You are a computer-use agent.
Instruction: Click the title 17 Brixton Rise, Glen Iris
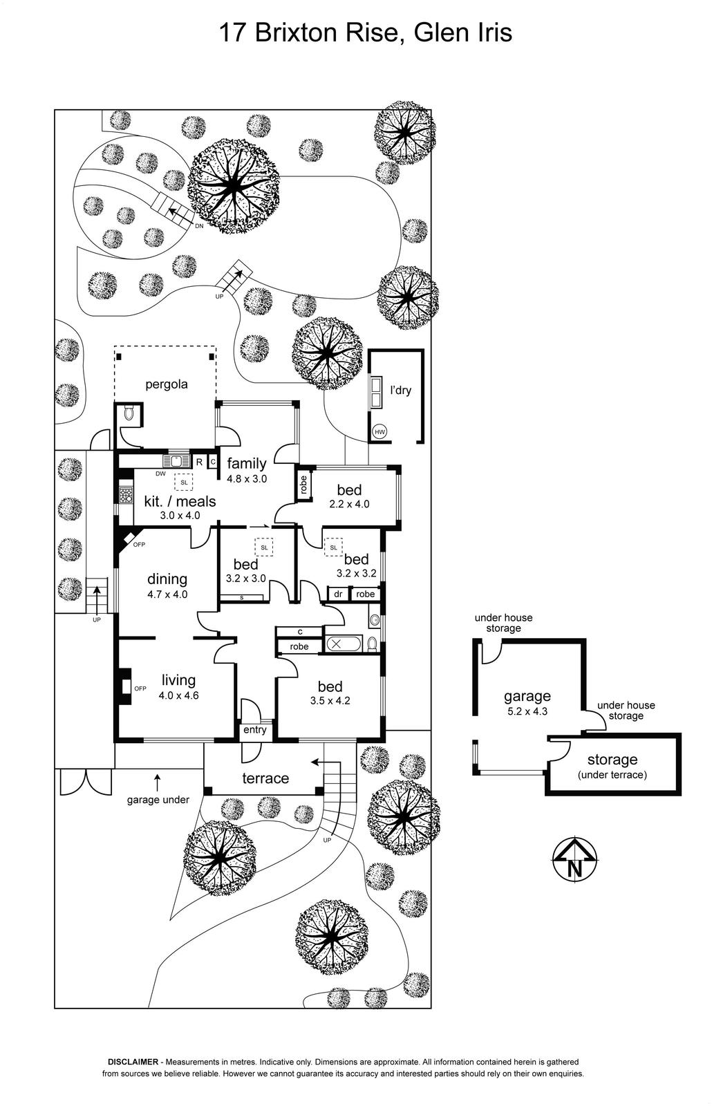[x=366, y=32]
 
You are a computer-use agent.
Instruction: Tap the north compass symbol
[x=574, y=861]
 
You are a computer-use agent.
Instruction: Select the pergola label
[x=166, y=384]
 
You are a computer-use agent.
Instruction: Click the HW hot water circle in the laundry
[x=380, y=432]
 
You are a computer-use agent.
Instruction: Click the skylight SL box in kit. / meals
[x=183, y=482]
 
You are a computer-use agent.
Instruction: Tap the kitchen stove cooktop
[x=127, y=495]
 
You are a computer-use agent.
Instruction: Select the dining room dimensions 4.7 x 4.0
[x=167, y=594]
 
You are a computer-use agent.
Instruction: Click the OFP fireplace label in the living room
[x=140, y=688]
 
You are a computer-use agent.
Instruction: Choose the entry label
[x=254, y=730]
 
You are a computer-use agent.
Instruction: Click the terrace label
[x=265, y=778]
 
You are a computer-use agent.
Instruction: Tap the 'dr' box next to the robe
[x=338, y=594]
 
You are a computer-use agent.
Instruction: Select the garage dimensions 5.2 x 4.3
[x=527, y=711]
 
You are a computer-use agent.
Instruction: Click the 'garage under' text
[x=158, y=800]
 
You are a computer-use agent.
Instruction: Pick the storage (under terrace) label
[x=612, y=767]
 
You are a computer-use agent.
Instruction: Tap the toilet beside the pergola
[x=128, y=414]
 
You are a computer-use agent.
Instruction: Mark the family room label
[x=247, y=463]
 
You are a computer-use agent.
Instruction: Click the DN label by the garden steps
[x=199, y=226]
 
